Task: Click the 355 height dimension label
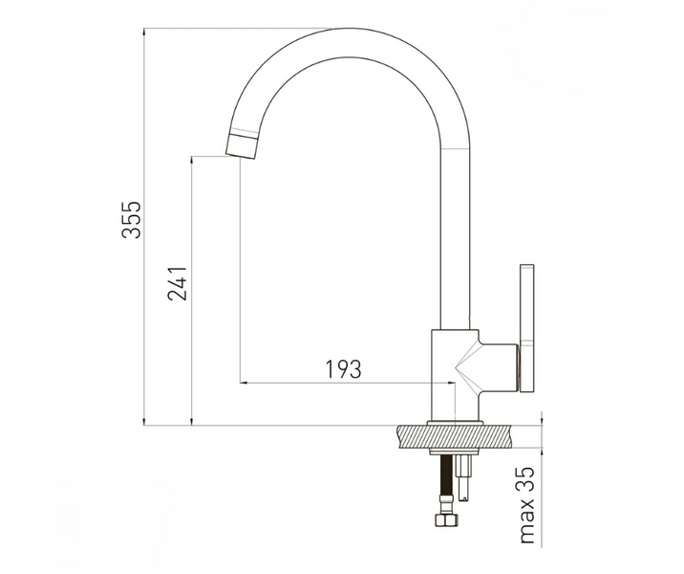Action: coord(132,220)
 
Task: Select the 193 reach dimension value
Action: coord(344,369)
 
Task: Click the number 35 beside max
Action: coord(527,479)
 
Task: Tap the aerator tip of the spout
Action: coord(242,146)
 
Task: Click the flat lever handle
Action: coord(526,328)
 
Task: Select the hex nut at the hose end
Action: coord(443,520)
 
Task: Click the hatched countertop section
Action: coord(455,436)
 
